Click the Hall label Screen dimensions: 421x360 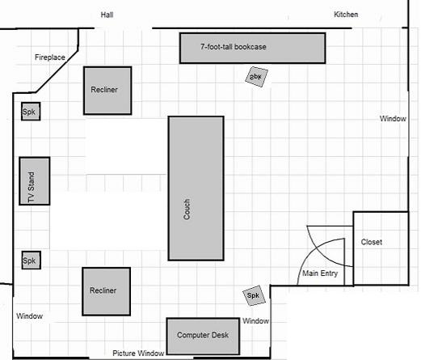pos(107,15)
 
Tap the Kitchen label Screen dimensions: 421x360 pos(346,15)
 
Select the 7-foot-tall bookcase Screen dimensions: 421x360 pos(252,49)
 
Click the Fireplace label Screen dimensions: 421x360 pos(50,57)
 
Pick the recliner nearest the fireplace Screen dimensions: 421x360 pos(107,91)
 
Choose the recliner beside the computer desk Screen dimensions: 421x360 pos(107,291)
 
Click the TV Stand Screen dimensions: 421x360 pos(35,181)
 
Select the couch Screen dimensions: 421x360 pos(196,188)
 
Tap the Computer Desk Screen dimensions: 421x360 pos(203,337)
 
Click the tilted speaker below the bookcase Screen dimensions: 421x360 pos(256,77)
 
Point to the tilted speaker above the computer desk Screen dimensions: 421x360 pos(254,295)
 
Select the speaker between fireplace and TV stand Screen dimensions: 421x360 pos(31,112)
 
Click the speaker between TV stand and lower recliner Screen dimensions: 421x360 pos(32,260)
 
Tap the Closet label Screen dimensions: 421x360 pos(372,242)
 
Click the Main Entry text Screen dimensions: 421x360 pos(320,273)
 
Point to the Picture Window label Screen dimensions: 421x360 pos(138,353)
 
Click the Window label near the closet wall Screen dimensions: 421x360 pos(393,118)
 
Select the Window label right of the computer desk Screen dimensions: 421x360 pos(255,320)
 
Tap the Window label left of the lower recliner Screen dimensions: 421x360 pos(29,316)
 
